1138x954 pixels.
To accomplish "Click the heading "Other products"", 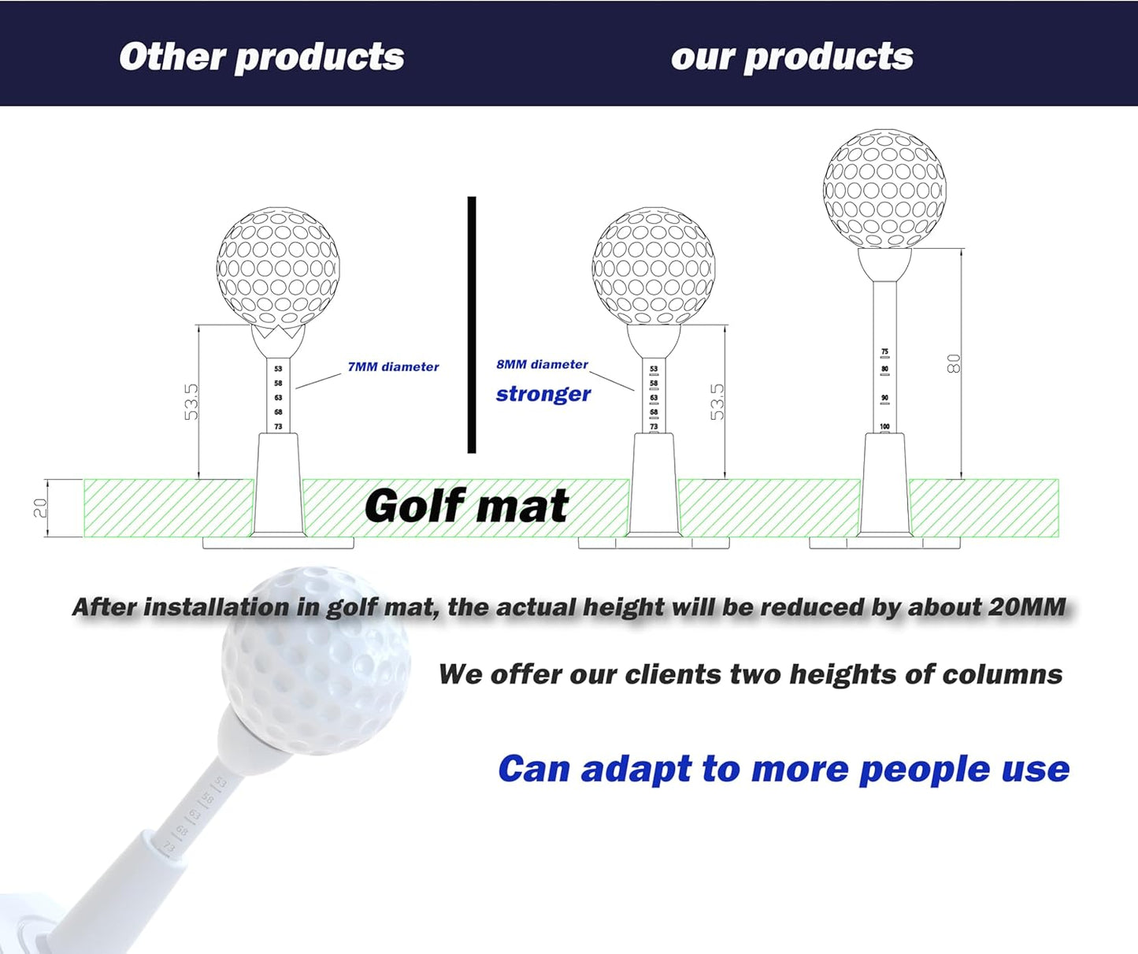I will [261, 57].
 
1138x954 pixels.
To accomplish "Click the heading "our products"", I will [791, 57].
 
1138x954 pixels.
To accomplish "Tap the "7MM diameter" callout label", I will [393, 367].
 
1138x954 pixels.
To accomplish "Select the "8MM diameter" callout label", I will [542, 365].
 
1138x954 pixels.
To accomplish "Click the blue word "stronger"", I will [543, 394].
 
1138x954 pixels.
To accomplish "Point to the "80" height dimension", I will [954, 363].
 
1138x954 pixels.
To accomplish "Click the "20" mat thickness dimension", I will [40, 508].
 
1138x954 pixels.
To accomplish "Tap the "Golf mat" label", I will [466, 506].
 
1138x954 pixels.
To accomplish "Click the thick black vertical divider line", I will [472, 325].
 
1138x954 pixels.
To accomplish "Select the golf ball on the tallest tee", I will [884, 189].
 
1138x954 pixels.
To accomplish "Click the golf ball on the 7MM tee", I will [278, 267].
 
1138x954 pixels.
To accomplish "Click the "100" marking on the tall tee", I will [884, 426].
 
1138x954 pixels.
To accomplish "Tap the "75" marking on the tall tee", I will [884, 352].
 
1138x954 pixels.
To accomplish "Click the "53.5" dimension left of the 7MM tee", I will [191, 402].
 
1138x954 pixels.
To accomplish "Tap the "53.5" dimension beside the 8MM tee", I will [717, 402].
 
